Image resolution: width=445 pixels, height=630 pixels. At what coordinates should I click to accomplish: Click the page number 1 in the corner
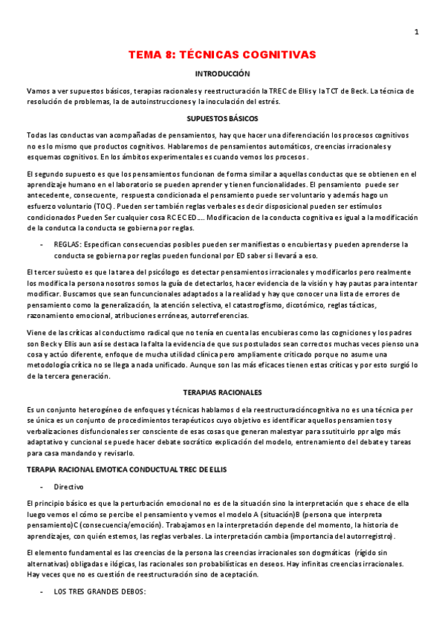pyautogui.click(x=416, y=32)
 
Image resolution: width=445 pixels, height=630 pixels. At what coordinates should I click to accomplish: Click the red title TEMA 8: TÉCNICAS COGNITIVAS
pyautogui.click(x=222, y=55)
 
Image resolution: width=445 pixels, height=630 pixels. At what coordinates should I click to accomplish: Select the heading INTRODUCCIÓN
pyautogui.click(x=222, y=74)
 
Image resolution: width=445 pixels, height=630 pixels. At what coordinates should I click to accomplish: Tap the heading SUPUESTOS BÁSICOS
pyautogui.click(x=222, y=118)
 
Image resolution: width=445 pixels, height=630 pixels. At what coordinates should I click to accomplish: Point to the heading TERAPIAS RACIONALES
pyautogui.click(x=222, y=391)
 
